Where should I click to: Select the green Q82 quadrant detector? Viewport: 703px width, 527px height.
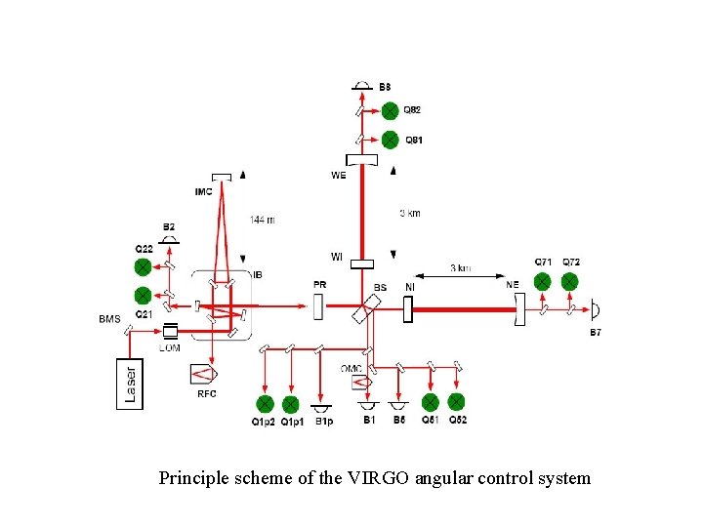pyautogui.click(x=390, y=112)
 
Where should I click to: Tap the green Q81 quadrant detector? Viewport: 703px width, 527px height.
pyautogui.click(x=390, y=139)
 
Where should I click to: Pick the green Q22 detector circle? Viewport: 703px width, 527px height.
pyautogui.click(x=143, y=265)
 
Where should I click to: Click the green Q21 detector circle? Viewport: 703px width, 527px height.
pyautogui.click(x=143, y=294)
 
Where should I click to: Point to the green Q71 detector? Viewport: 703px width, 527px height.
pyautogui.click(x=543, y=281)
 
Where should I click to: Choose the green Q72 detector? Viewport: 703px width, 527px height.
pyautogui.click(x=569, y=281)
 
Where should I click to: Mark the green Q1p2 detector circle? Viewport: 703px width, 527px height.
pyautogui.click(x=264, y=404)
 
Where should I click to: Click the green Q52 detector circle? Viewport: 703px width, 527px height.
pyautogui.click(x=456, y=401)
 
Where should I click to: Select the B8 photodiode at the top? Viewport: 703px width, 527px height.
pyautogui.click(x=362, y=88)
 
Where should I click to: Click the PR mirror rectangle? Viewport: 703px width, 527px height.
pyautogui.click(x=319, y=308)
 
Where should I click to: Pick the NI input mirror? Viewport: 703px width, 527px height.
pyautogui.click(x=408, y=308)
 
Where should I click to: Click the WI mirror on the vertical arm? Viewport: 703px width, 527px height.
pyautogui.click(x=362, y=263)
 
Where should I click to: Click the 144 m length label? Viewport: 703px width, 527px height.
pyautogui.click(x=262, y=220)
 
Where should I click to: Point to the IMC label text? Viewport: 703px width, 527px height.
pyautogui.click(x=203, y=191)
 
